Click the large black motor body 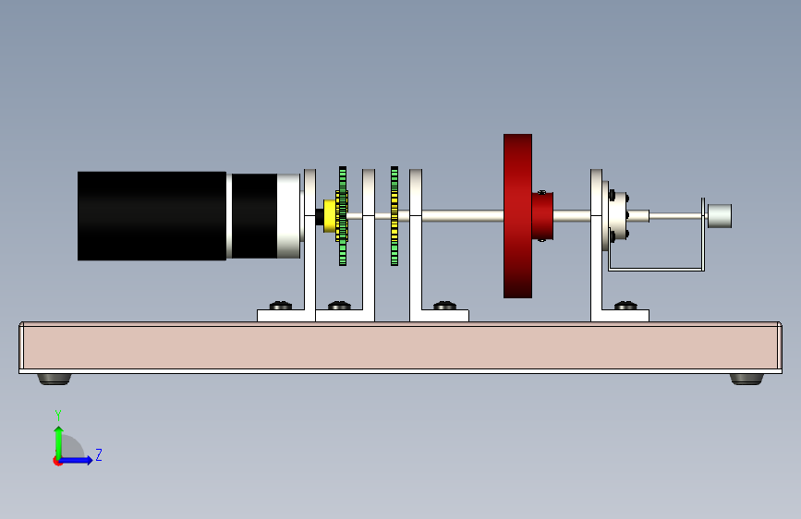(x=152, y=215)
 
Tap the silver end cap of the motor (x=288, y=216)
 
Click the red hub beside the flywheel (x=542, y=216)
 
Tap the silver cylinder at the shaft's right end (x=720, y=216)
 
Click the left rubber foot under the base (x=55, y=378)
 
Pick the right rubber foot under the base (x=746, y=378)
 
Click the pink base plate (x=397, y=346)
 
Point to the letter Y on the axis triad (x=58, y=416)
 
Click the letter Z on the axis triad (x=98, y=455)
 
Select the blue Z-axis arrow (x=79, y=460)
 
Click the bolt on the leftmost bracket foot (x=279, y=306)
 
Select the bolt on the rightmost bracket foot (x=625, y=306)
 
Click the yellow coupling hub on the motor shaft (x=329, y=216)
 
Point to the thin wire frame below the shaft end (x=656, y=269)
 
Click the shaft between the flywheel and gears (x=462, y=217)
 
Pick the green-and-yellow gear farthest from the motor (x=394, y=216)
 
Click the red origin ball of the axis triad (x=58, y=461)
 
